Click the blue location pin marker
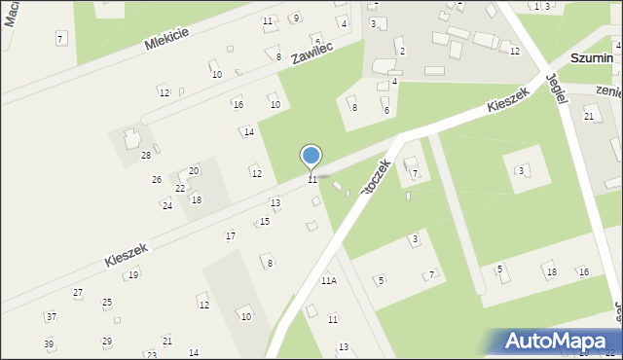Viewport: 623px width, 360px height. (x=311, y=157)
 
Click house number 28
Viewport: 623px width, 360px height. (x=146, y=156)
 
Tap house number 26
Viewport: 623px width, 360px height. (x=157, y=180)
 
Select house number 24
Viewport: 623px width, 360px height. (x=166, y=205)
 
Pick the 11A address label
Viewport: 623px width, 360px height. (x=329, y=280)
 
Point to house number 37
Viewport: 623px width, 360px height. (x=51, y=316)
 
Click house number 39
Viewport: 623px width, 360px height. (x=48, y=343)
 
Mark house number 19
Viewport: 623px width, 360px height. (x=132, y=274)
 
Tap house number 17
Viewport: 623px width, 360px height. (x=231, y=236)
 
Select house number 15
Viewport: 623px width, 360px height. (x=264, y=222)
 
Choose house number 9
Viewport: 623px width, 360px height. (x=296, y=18)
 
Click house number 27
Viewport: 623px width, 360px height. (x=78, y=292)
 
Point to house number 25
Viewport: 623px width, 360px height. (x=107, y=303)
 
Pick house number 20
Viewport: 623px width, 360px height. (x=194, y=170)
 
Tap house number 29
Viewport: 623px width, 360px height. (x=107, y=342)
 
